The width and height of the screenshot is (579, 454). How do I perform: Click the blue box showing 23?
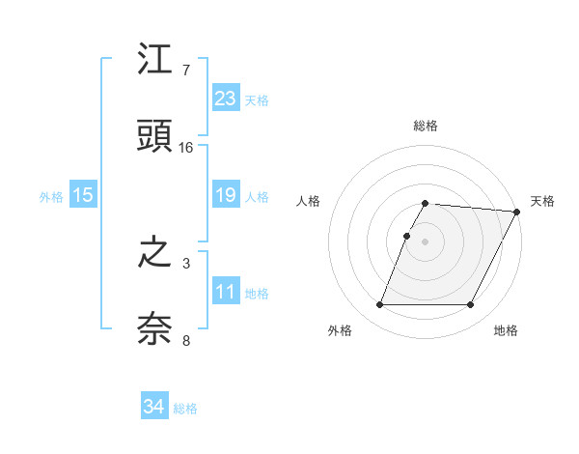point(226,99)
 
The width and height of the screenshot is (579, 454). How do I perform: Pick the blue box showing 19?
point(226,195)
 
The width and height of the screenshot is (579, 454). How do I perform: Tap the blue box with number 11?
point(226,291)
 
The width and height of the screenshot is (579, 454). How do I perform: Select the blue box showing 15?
point(83,195)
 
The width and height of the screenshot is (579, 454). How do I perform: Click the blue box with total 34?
point(154,407)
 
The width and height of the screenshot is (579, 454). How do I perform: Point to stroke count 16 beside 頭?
point(186,148)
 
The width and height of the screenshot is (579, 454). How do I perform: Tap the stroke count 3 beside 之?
point(185,263)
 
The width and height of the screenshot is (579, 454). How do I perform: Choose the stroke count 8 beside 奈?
point(185,339)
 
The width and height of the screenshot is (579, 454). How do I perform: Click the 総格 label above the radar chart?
point(426,126)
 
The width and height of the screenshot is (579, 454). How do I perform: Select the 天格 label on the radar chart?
point(542,201)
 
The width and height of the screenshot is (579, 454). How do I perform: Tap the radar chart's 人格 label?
point(309,201)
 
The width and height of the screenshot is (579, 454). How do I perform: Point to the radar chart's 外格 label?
point(340,330)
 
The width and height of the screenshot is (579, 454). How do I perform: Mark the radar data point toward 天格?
point(517,212)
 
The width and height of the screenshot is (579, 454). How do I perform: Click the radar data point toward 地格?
point(471,305)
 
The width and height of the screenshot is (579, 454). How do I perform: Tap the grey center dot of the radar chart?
point(426,241)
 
